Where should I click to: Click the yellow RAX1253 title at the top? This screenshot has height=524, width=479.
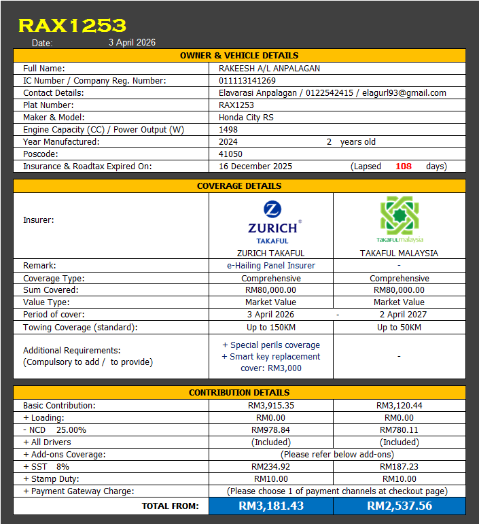coord(72,26)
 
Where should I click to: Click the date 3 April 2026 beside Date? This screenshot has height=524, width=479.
coord(132,42)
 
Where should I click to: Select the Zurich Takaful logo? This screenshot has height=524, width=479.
coord(272,222)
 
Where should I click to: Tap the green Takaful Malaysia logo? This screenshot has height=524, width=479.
coord(400,220)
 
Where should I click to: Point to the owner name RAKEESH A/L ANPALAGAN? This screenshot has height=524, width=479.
coord(269,68)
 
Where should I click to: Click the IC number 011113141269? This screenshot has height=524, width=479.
coord(247,80)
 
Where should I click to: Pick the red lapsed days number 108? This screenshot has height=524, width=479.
coord(404,166)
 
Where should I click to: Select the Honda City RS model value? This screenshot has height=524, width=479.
coord(246,117)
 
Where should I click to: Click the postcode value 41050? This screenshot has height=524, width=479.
coord(230,154)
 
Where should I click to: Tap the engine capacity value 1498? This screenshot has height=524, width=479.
coord(228,129)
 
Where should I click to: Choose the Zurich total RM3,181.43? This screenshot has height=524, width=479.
coord(271,506)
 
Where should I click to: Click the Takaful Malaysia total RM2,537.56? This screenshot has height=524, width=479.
coord(399,506)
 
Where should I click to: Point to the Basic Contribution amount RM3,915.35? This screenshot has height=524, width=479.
coord(271,405)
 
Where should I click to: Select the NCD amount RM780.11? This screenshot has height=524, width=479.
coord(399,430)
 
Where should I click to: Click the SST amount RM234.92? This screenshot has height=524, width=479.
coord(271,466)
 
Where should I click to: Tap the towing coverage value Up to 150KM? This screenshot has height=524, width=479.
coord(271,327)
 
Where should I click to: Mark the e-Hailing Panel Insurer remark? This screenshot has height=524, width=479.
coord(271,265)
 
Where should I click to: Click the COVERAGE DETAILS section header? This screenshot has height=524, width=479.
coord(239,186)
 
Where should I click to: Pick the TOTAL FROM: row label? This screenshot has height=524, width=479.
coord(170,506)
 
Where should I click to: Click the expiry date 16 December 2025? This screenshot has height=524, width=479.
coord(255,166)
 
